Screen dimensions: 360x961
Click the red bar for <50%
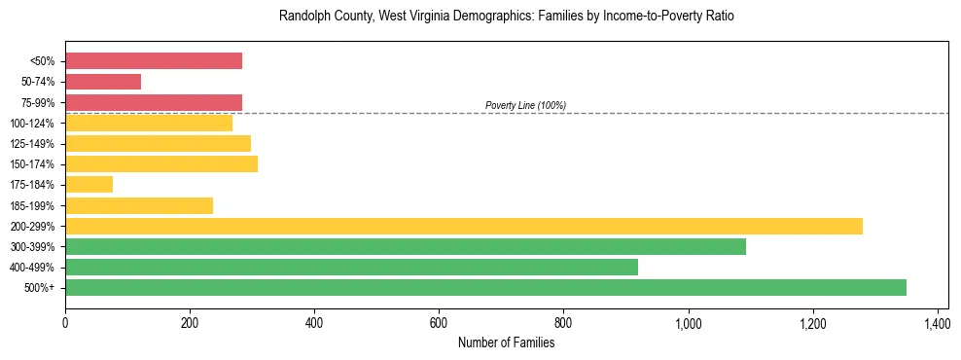coord(154,61)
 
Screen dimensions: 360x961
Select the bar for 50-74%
coord(103,82)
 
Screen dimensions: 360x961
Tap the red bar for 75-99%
coord(154,102)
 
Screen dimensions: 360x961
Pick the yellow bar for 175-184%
coord(89,184)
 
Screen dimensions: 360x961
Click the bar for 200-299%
coord(463,226)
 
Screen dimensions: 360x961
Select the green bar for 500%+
coord(485,287)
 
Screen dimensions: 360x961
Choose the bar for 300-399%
coord(406,246)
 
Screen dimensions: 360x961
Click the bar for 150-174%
coord(161,163)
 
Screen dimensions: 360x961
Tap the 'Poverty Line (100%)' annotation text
coord(525,105)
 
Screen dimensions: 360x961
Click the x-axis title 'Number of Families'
coord(505,342)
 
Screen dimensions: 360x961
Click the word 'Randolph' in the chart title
coord(303,18)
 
